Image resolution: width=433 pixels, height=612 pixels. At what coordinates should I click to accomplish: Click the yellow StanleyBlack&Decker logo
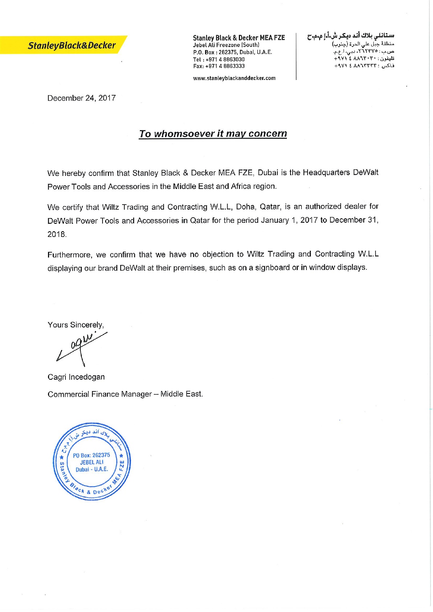(71, 45)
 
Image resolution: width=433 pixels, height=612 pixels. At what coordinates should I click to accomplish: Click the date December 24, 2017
(81, 98)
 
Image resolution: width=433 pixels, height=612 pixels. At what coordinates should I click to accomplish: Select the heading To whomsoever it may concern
(213, 134)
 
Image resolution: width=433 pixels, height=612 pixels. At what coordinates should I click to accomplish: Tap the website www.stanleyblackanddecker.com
(234, 78)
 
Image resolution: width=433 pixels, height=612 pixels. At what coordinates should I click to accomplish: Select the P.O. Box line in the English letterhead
(232, 52)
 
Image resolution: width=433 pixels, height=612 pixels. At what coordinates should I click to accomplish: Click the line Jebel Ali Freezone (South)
(226, 45)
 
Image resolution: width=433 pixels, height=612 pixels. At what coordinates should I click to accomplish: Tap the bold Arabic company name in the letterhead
(351, 36)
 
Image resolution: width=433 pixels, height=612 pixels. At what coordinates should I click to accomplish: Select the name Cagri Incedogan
(76, 377)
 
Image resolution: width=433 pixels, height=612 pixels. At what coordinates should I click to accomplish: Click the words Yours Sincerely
(76, 325)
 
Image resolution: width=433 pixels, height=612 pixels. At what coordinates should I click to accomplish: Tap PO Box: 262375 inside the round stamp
(91, 455)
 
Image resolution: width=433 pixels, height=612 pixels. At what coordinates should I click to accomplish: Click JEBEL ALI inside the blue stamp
(92, 462)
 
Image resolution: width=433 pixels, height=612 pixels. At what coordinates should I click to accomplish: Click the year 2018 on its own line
(57, 234)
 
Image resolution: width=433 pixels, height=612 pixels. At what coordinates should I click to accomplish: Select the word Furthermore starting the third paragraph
(69, 255)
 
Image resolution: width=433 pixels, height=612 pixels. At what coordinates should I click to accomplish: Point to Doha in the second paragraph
(245, 207)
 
